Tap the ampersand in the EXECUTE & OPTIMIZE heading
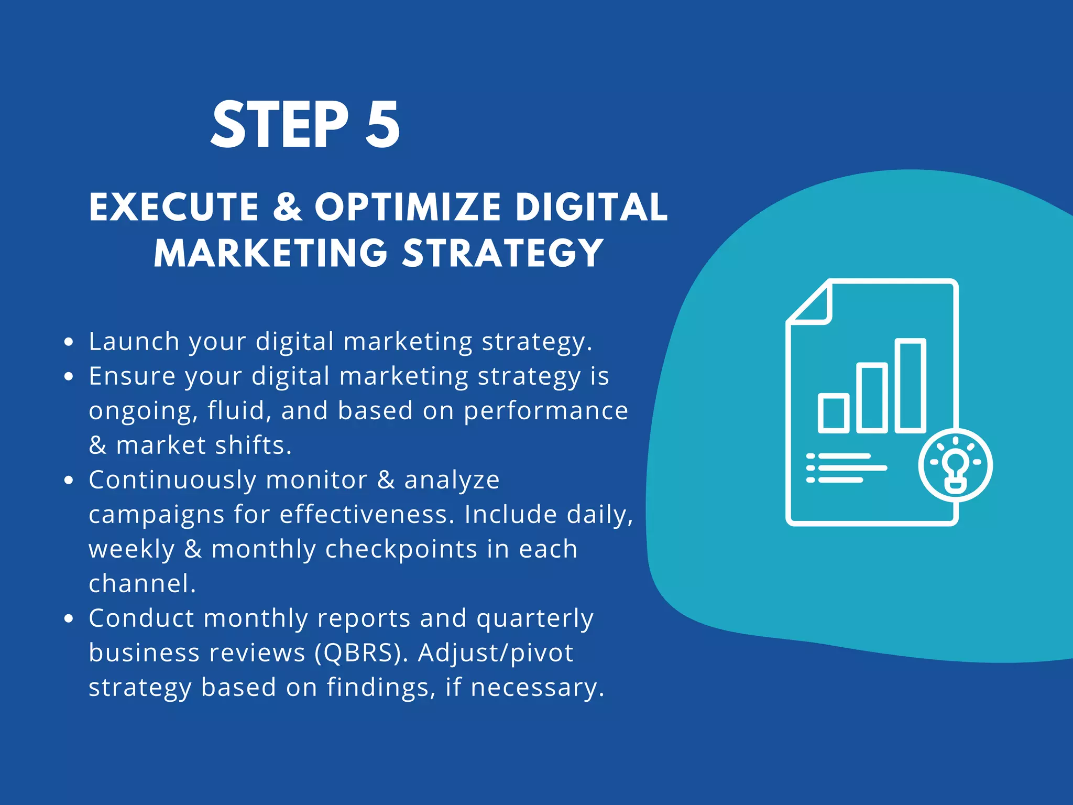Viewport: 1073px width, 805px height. [287, 206]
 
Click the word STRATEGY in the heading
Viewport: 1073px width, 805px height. [503, 253]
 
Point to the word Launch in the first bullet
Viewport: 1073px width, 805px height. [134, 341]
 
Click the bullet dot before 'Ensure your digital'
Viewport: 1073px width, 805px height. [69, 376]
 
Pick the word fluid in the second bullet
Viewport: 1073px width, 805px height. [239, 410]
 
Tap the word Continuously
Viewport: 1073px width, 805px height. [173, 480]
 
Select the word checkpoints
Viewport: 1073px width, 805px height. [401, 549]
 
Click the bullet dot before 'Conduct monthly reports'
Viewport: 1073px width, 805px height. [69, 618]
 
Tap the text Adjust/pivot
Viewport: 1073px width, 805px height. [496, 652]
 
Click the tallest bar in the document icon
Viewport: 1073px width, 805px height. [910, 386]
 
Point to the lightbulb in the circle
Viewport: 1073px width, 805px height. [956, 465]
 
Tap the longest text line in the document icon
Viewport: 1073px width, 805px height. [852, 468]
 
